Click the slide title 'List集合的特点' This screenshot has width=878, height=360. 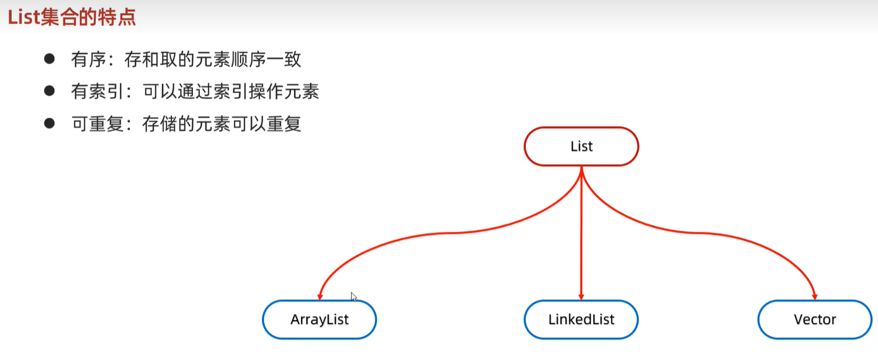(x=72, y=18)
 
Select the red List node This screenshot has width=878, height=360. (x=581, y=146)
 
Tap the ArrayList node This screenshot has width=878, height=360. (x=319, y=319)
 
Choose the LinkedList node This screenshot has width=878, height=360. (x=581, y=319)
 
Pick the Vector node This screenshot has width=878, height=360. (x=815, y=319)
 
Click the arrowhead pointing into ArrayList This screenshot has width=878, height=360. (x=321, y=296)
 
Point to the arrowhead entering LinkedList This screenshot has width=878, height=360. (x=581, y=296)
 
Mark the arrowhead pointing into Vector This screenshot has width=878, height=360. (x=814, y=296)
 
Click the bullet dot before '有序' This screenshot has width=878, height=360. (x=49, y=59)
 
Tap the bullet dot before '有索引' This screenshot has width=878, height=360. (x=49, y=91)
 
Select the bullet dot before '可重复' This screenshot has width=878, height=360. (x=49, y=123)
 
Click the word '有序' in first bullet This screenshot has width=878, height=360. (x=89, y=59)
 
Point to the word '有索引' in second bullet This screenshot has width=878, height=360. (x=97, y=92)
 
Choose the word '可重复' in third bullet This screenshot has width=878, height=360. (x=97, y=124)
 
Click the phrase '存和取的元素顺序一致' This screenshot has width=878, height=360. (x=213, y=59)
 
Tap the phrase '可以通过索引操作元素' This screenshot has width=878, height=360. (x=231, y=92)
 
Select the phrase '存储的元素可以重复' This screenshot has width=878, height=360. (x=222, y=124)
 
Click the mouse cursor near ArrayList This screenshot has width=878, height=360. (x=354, y=297)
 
